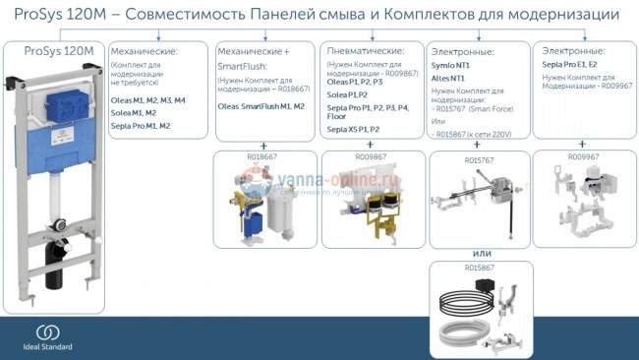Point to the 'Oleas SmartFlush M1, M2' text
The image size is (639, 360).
point(261,105)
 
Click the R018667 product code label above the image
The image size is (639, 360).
point(261,155)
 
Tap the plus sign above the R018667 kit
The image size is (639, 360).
point(262,145)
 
